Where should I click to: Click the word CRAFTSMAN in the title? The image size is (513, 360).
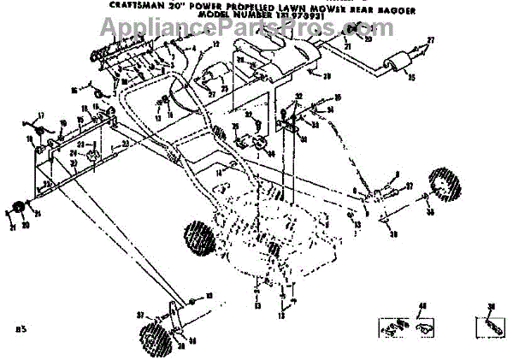pyautogui.click(x=132, y=4)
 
